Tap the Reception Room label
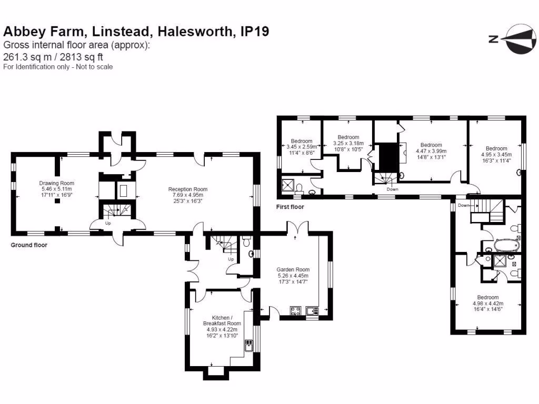188,189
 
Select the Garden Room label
293,269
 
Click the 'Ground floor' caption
29,245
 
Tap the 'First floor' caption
290,207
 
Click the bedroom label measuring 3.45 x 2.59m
302,141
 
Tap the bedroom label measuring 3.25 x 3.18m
348,137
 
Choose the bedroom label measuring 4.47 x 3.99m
431,145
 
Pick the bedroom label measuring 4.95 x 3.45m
496,148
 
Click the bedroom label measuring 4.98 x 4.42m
487,297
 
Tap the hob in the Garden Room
295,311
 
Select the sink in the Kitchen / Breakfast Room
248,345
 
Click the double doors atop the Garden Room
294,228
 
